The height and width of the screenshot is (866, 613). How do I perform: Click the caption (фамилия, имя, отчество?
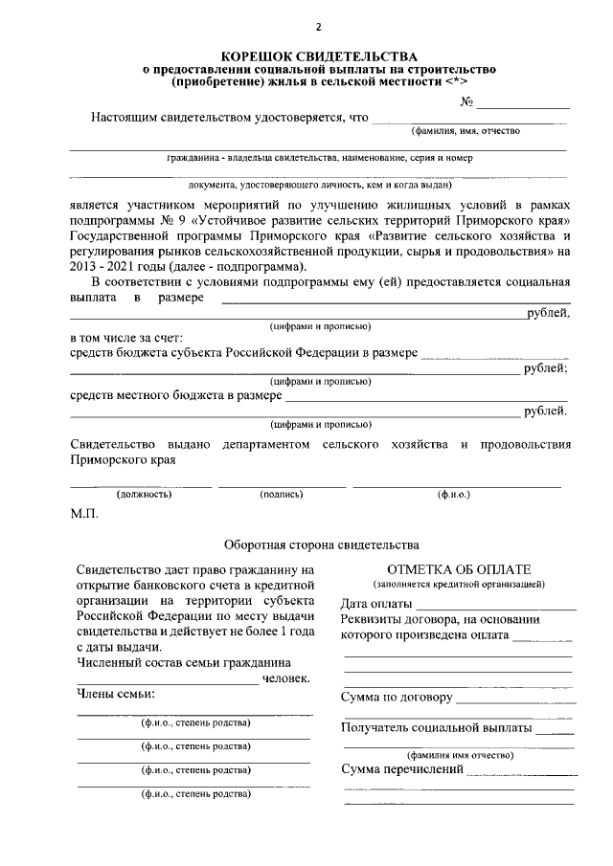click(465, 131)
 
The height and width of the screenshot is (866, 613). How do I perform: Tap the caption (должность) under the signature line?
click(144, 495)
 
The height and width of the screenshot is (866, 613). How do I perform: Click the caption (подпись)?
click(282, 495)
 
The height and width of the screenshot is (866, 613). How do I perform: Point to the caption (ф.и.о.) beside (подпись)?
click(454, 495)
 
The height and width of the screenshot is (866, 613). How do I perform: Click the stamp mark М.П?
click(84, 514)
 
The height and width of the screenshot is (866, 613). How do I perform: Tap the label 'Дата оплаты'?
click(376, 605)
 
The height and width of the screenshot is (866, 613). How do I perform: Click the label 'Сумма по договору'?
click(397, 697)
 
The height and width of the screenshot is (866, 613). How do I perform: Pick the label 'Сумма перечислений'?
click(402, 769)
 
